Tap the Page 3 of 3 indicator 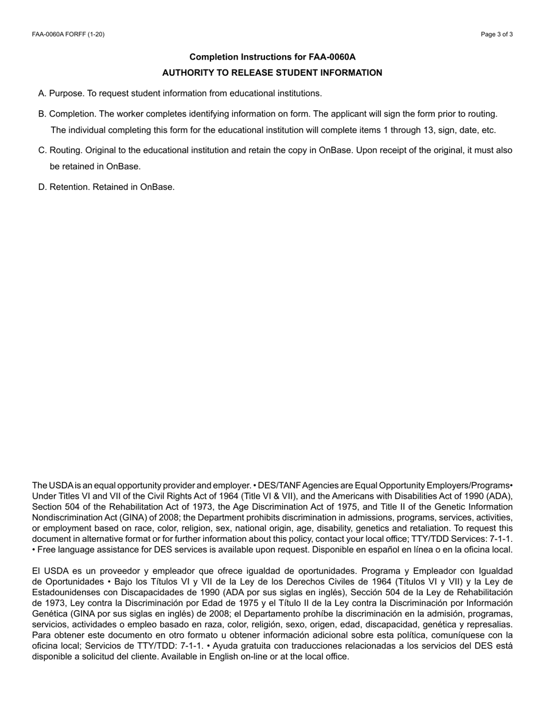point(497,34)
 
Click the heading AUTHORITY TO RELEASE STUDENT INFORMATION point(272,73)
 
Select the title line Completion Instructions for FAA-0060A point(272,57)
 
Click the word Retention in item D point(69,187)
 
